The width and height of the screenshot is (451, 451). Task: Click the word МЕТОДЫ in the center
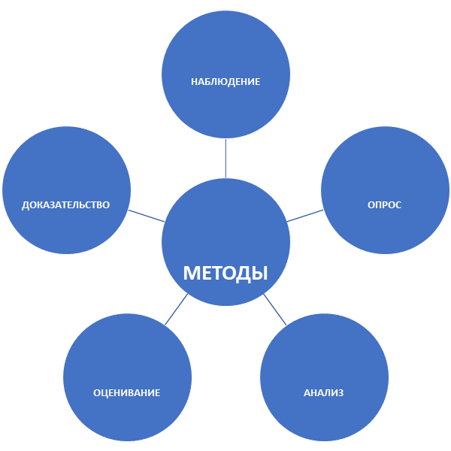pyautogui.click(x=225, y=272)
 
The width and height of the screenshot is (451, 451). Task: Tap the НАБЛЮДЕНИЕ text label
pyautogui.click(x=225, y=81)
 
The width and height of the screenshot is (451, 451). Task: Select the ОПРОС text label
pyautogui.click(x=384, y=205)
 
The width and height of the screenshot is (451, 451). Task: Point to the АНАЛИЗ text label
pyautogui.click(x=324, y=392)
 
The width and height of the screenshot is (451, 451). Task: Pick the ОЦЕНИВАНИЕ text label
pyautogui.click(x=127, y=392)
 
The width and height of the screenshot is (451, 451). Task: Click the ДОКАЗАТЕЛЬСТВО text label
pyautogui.click(x=66, y=205)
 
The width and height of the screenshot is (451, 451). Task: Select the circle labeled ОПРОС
pyautogui.click(x=385, y=169)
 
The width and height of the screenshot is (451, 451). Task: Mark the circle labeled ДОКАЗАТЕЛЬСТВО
pyautogui.click(x=66, y=169)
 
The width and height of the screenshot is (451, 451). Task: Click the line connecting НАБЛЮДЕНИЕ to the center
pyautogui.click(x=225, y=159)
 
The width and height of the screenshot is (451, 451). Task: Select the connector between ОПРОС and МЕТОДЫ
pyautogui.click(x=304, y=216)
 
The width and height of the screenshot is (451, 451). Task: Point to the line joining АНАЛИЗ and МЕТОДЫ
pyautogui.click(x=274, y=309)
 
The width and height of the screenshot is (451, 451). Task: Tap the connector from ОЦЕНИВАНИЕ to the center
pyautogui.click(x=177, y=309)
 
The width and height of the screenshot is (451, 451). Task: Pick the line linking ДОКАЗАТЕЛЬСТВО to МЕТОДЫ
pyautogui.click(x=147, y=216)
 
